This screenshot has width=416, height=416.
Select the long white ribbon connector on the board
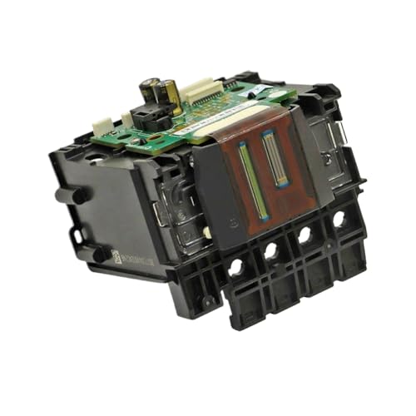point(201,90)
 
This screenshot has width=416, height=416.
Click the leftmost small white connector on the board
point(102,125)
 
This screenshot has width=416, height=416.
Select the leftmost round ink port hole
point(235,267)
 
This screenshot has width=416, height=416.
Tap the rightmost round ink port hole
point(339,220)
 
